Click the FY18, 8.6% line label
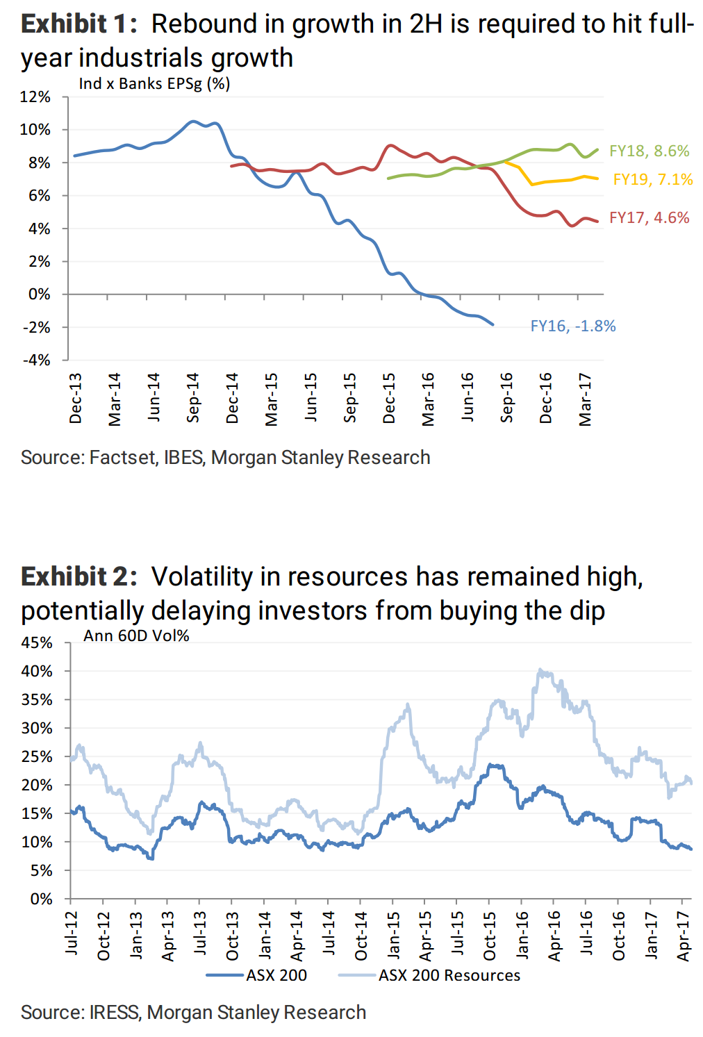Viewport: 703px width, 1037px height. (649, 151)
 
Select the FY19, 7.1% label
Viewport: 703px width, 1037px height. (652, 180)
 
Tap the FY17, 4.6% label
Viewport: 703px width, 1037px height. (649, 218)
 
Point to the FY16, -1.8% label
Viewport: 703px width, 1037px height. (572, 326)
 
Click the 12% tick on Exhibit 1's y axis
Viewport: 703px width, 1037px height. (35, 97)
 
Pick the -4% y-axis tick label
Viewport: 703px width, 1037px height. (37, 360)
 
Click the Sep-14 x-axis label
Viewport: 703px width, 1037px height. (193, 397)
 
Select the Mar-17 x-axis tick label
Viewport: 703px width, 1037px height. (586, 399)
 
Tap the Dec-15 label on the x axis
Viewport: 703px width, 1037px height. (389, 398)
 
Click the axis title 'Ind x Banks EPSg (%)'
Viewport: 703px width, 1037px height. (154, 84)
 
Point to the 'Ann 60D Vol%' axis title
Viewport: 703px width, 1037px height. (136, 636)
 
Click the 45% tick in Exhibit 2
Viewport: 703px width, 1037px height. (37, 643)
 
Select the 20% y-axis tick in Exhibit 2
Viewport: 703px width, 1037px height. (37, 786)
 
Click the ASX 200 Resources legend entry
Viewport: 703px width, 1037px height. (449, 976)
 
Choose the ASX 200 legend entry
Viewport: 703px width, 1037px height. (276, 976)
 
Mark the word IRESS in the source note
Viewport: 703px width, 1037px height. (114, 1013)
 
